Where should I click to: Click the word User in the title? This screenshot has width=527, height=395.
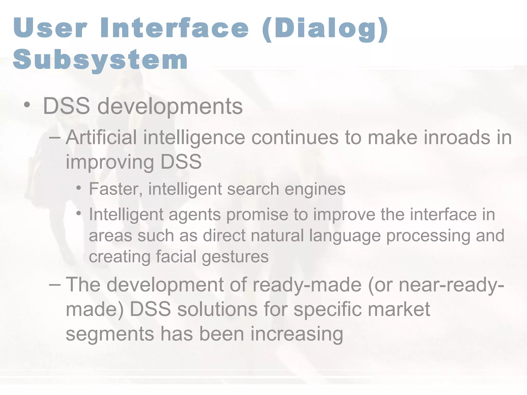point(50,28)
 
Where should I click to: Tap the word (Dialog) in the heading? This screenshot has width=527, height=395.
point(325,29)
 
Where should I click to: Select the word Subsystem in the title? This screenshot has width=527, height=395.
point(100,60)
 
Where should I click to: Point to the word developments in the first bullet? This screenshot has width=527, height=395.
point(170,106)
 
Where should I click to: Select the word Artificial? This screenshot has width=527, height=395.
point(101,137)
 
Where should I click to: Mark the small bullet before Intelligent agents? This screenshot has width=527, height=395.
point(79,213)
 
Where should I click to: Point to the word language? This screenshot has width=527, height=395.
point(345,236)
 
